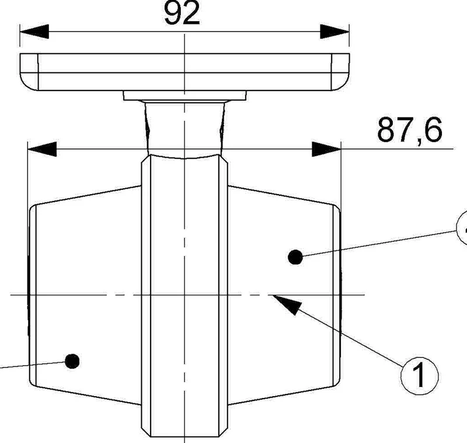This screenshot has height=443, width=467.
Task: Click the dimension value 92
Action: (182, 13)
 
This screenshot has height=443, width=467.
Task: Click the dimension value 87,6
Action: (410, 130)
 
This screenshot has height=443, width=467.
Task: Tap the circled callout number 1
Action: (420, 375)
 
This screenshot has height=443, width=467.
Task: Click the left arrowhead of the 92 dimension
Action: (34, 32)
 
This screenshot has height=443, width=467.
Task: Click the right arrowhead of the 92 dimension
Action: (334, 32)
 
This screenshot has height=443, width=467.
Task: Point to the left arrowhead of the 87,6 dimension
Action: (42, 149)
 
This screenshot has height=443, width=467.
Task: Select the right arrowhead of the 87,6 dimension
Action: (326, 149)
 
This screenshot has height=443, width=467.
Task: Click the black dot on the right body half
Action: (295, 257)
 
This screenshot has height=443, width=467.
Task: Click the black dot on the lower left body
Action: (72, 361)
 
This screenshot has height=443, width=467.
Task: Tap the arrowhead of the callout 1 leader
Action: (287, 304)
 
